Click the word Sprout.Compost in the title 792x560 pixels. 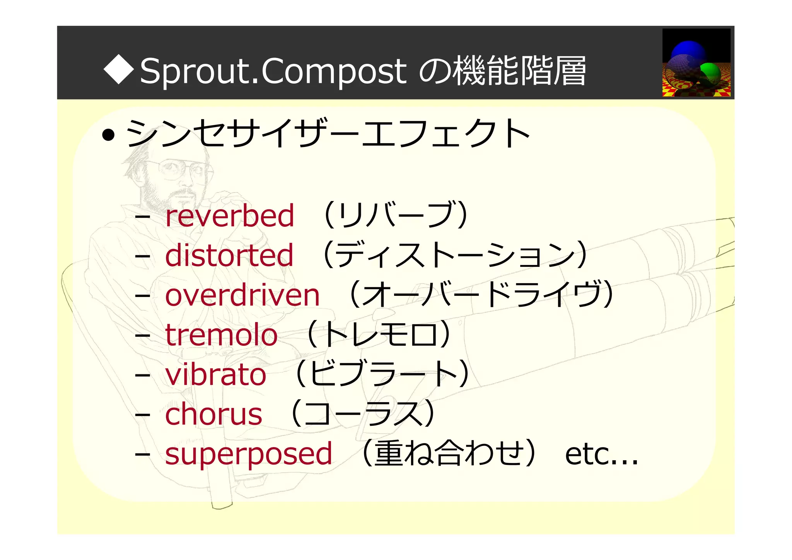click(x=273, y=72)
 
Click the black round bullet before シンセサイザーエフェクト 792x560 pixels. click(x=108, y=135)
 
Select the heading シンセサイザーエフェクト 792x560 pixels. click(x=328, y=133)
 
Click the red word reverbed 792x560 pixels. click(x=230, y=215)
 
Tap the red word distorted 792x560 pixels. click(x=229, y=255)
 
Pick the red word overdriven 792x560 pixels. click(x=242, y=295)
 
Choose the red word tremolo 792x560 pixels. click(x=221, y=335)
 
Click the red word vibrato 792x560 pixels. click(x=215, y=375)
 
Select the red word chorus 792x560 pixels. click(x=213, y=414)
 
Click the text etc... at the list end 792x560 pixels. click(x=601, y=454)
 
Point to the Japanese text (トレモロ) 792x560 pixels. click(x=379, y=334)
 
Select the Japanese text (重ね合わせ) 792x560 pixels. click(x=449, y=453)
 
